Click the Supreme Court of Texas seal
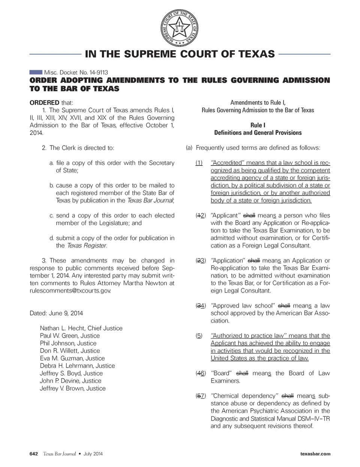coord(180,28)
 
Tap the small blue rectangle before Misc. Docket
coord(36,72)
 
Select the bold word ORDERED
coord(44,102)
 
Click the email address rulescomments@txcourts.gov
coord(70,291)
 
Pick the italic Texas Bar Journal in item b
coord(150,200)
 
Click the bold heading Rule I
coord(258,125)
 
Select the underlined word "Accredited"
coord(228,163)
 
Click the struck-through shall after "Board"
coord(242,373)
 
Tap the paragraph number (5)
coord(199,336)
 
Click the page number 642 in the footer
coord(34,454)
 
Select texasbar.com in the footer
coord(315,454)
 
